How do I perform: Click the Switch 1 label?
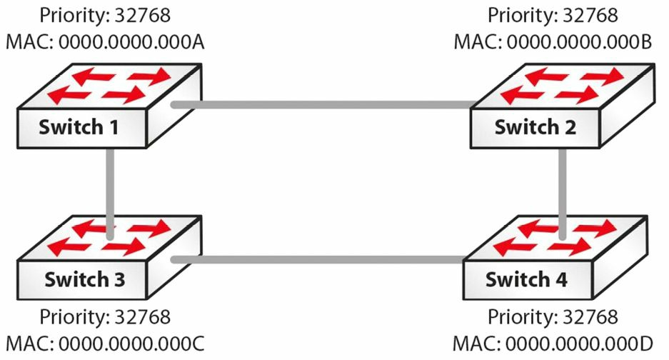(79, 127)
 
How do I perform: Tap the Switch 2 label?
(535, 127)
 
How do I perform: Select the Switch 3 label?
(84, 279)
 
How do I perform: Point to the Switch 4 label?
(526, 279)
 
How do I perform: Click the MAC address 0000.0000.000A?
(131, 42)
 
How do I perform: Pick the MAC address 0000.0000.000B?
(580, 42)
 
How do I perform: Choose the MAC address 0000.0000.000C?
(131, 344)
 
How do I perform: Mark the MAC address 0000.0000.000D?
(580, 344)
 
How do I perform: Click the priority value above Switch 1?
(143, 16)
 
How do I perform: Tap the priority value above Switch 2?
(590, 16)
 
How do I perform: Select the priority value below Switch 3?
(143, 317)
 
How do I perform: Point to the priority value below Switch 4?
(590, 317)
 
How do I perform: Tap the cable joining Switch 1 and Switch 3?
(110, 193)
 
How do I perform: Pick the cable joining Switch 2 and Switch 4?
(563, 193)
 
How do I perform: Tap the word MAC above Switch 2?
(478, 42)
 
